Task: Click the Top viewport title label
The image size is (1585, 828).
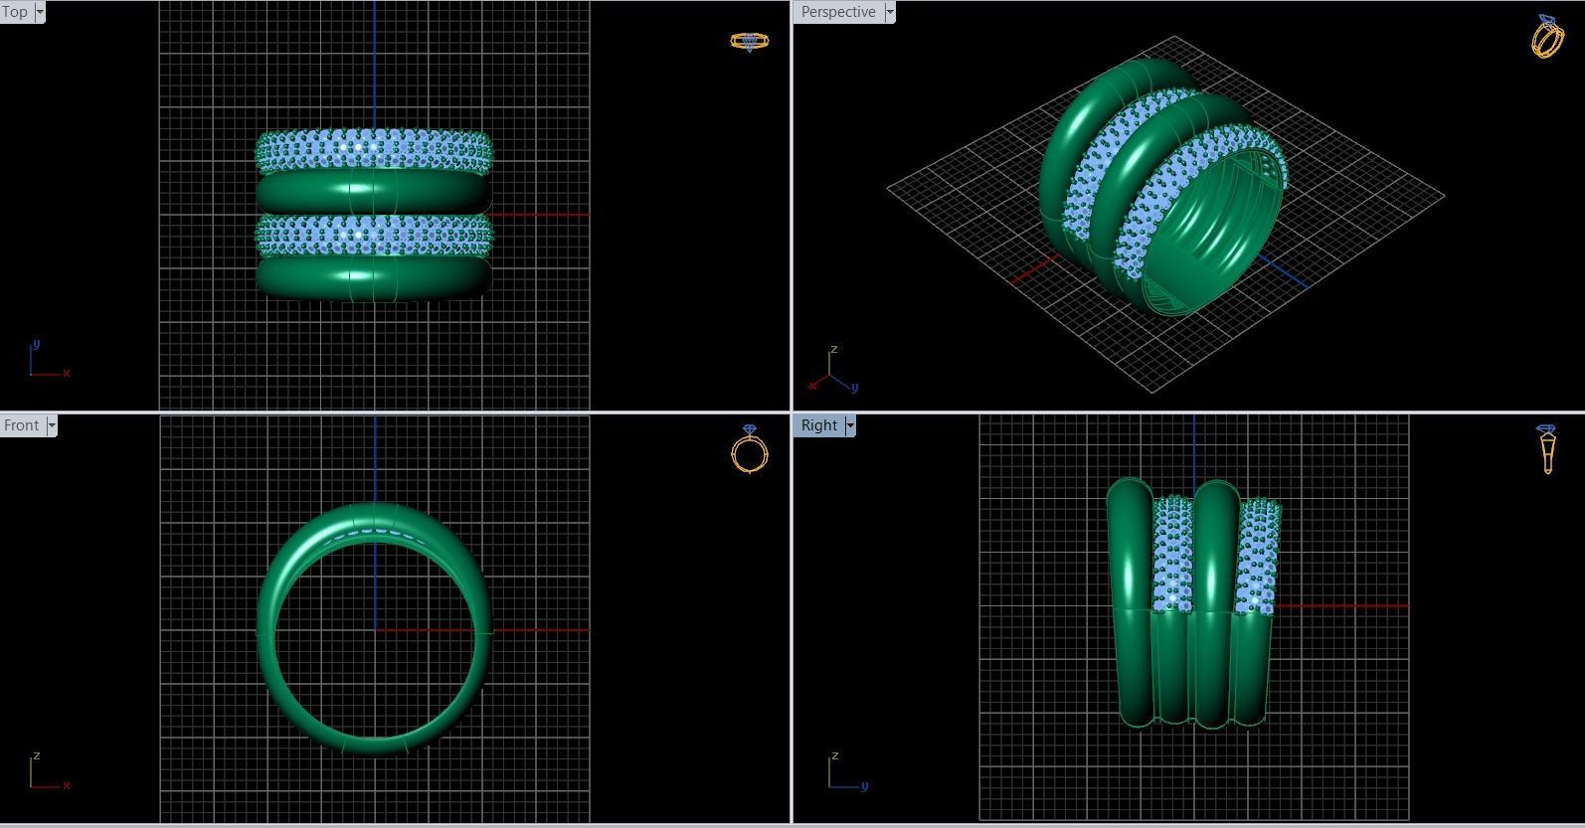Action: point(15,12)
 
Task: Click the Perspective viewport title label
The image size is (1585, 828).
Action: point(838,12)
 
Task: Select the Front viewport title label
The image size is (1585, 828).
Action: point(22,425)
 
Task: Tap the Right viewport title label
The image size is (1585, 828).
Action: point(818,425)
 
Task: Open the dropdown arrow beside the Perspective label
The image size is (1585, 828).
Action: point(890,12)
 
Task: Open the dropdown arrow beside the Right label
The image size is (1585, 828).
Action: point(850,425)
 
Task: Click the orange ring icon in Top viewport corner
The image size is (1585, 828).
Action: point(749,41)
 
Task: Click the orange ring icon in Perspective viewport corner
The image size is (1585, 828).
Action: point(1547,37)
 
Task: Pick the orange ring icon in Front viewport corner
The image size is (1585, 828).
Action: point(749,449)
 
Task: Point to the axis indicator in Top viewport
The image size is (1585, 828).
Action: point(45,362)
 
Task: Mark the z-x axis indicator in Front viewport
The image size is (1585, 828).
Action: point(45,773)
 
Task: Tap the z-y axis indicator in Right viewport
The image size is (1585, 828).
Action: point(845,773)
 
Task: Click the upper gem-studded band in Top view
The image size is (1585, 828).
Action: point(374,149)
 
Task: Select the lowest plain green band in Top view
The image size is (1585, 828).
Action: point(374,277)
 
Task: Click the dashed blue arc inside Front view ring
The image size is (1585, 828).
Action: point(375,532)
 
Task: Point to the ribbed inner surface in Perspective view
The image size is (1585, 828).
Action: point(1208,239)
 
